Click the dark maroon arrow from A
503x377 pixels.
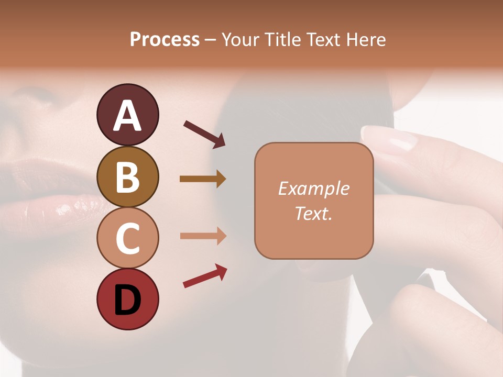point(204,134)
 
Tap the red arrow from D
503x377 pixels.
point(205,276)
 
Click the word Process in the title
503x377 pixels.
point(165,39)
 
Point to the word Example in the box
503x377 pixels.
point(313,188)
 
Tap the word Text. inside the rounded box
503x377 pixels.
point(313,213)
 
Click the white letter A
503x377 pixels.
point(127,116)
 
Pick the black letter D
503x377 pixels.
point(127,300)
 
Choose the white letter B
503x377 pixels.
point(127,178)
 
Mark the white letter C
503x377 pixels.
point(127,239)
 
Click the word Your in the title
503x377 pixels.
point(239,39)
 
